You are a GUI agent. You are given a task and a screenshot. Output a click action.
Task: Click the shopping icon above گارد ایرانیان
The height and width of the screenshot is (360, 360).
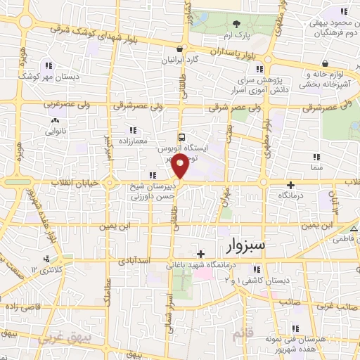(x=181, y=49)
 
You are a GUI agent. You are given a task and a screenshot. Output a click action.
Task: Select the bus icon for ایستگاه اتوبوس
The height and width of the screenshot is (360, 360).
(x=181, y=138)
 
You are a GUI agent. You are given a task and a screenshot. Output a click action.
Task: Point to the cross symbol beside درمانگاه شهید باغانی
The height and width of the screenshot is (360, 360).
(x=201, y=254)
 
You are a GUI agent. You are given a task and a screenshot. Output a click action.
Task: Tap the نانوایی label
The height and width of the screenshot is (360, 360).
(x=56, y=131)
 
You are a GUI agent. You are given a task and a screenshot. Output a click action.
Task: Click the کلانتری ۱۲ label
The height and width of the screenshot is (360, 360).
(x=43, y=270)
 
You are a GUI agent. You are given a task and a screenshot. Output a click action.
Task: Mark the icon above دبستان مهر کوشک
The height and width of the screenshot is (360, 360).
(x=47, y=64)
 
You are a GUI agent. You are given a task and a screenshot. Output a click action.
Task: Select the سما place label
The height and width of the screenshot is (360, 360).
(x=316, y=169)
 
